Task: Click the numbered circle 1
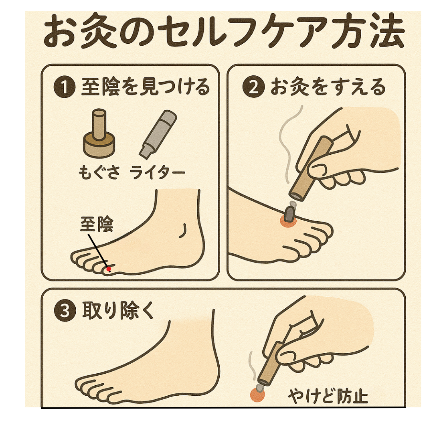click(x=64, y=87)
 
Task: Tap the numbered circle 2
click(x=253, y=87)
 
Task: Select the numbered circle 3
click(x=65, y=311)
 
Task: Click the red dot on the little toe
click(x=109, y=269)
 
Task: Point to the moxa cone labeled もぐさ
click(x=99, y=134)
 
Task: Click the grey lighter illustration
click(x=158, y=134)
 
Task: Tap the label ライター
click(x=157, y=173)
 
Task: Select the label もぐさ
click(x=99, y=172)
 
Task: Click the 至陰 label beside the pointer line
click(x=97, y=224)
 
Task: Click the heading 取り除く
click(x=118, y=311)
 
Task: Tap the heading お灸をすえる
click(x=328, y=87)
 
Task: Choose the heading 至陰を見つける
click(x=146, y=87)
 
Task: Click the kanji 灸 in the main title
click(x=99, y=31)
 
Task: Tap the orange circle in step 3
click(x=257, y=395)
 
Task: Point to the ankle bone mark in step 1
click(x=183, y=231)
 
